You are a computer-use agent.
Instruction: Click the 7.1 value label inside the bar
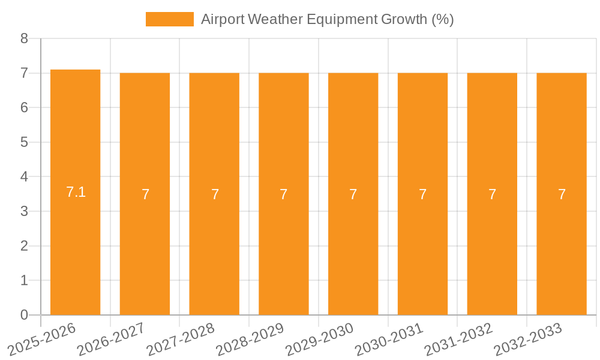pos(76,192)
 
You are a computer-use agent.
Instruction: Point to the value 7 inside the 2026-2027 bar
pos(145,194)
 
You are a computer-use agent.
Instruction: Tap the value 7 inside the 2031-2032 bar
pos(492,194)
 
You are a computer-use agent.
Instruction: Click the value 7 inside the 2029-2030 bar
pos(353,194)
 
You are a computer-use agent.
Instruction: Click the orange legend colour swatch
pos(170,19)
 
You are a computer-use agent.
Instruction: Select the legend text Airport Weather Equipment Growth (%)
pos(327,19)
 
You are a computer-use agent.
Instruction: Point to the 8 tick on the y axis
pos(24,38)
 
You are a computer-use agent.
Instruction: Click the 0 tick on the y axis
pos(24,315)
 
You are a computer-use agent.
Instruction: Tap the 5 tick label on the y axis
pos(24,142)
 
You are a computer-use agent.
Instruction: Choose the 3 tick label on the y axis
pos(24,211)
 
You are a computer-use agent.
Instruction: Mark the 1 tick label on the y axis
pos(24,280)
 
